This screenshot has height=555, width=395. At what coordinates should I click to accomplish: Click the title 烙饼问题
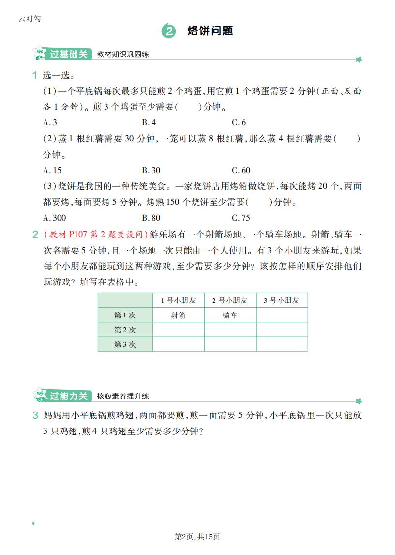210,31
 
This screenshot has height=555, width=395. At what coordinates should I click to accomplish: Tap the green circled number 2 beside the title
168,32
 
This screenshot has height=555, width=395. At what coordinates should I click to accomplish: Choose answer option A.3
50,123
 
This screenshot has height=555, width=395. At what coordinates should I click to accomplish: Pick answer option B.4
149,123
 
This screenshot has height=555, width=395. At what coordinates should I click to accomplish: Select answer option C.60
241,170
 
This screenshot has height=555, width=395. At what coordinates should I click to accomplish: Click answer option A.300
54,218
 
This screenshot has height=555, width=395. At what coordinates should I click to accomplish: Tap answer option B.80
151,218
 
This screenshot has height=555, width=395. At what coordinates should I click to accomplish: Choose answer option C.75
241,218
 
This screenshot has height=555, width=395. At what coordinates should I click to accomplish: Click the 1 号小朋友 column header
178,301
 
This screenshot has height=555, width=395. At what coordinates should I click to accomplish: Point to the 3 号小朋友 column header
282,301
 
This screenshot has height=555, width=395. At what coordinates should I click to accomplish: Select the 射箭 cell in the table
178,316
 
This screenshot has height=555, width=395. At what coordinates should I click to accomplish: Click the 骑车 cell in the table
230,316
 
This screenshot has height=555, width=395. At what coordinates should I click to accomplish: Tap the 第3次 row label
125,345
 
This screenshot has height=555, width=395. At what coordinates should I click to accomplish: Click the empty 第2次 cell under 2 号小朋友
230,330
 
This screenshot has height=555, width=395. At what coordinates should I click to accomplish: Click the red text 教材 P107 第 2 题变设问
96,235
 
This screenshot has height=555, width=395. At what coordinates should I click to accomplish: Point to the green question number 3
35,415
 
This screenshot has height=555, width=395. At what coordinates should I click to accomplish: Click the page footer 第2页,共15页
197,537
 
